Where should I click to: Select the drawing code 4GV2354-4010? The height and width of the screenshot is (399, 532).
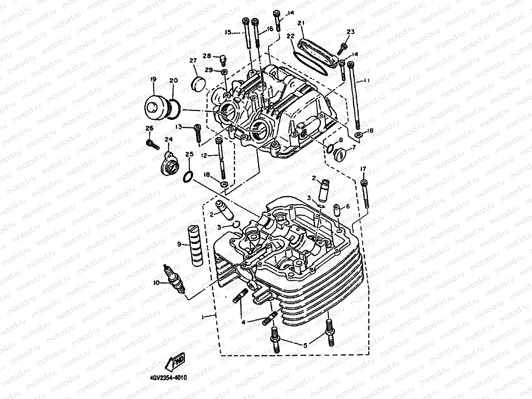168,378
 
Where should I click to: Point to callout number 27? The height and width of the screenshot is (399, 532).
193,61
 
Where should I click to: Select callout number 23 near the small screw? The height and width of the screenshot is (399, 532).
350,32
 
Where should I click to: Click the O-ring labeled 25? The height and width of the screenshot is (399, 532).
188,177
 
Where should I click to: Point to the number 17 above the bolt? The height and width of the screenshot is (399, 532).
363,168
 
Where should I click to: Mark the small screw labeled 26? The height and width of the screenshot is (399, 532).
152,144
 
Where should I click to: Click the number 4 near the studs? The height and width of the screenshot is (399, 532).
243,322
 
